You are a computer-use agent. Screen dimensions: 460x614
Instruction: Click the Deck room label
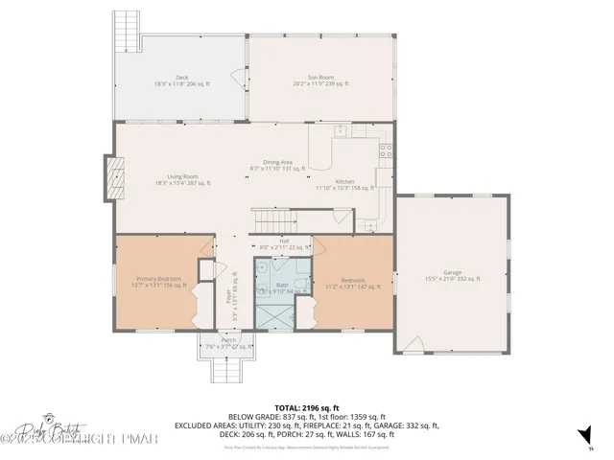(181, 80)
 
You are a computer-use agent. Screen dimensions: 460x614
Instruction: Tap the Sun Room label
(319, 80)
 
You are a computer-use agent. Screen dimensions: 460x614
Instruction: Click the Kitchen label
(344, 185)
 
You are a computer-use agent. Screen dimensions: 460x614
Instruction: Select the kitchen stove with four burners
(386, 149)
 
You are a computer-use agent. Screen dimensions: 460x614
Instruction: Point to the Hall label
(284, 243)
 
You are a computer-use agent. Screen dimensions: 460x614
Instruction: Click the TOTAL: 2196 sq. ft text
(306, 407)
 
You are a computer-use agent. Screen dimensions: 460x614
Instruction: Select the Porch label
(228, 342)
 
